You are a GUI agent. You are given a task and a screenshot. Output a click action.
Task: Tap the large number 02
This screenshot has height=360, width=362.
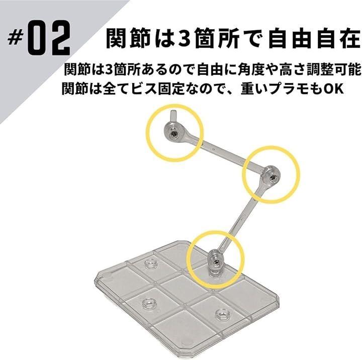pyautogui.click(x=49, y=38)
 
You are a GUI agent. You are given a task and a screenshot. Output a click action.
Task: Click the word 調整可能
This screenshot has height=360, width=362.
pyautogui.click(x=334, y=69)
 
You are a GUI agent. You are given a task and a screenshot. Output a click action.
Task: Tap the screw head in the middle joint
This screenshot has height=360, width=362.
pyautogui.click(x=273, y=177)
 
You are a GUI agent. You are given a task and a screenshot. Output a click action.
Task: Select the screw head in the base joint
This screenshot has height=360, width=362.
pyautogui.click(x=216, y=262)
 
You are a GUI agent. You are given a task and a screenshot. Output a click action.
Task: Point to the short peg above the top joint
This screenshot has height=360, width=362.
pyautogui.click(x=173, y=117)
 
